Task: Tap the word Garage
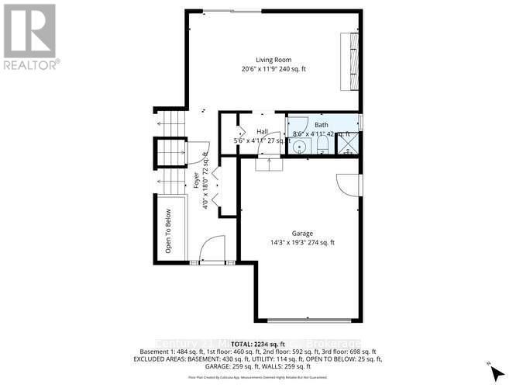[x=301, y=232]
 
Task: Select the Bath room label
[x=321, y=125]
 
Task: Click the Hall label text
[x=262, y=131]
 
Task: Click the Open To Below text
[x=167, y=231]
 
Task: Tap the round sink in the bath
[x=300, y=145]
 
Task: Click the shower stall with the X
[x=349, y=146]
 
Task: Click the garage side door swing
[x=348, y=185]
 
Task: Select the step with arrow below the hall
[x=268, y=161]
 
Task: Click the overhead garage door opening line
[x=308, y=320]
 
